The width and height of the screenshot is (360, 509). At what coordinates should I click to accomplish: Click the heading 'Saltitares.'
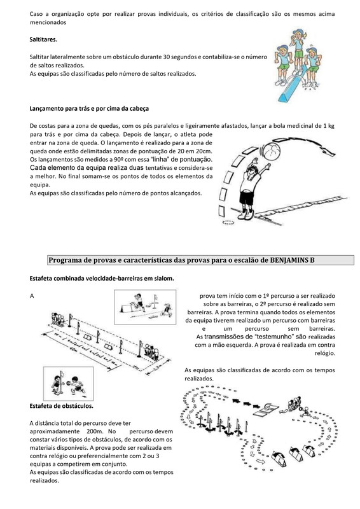pos(43,40)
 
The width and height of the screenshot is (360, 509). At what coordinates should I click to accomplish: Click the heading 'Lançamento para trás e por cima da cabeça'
pos(89,109)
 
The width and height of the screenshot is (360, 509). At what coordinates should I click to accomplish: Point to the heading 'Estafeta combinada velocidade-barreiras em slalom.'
pos(102,279)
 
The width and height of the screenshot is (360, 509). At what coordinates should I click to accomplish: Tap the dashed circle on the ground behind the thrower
pos(228,222)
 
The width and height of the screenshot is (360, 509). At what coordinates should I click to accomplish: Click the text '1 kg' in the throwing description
pos(329,126)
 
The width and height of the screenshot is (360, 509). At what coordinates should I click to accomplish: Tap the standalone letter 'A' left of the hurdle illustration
pos(32,296)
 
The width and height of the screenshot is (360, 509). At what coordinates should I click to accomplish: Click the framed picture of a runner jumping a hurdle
pos(145,307)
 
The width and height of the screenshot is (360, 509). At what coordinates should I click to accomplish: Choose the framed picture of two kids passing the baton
pos(69,384)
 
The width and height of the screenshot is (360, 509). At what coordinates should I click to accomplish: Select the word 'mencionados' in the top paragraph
pos(48,22)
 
